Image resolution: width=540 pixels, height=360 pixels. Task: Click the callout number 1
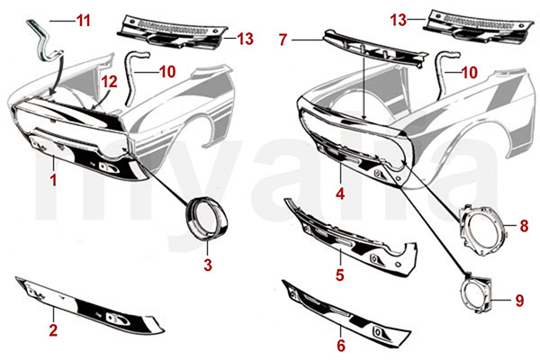(53, 181)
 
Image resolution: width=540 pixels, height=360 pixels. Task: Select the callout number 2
(53, 331)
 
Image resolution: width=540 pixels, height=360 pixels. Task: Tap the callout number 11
(83, 18)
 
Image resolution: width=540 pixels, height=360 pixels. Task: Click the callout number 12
(108, 82)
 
